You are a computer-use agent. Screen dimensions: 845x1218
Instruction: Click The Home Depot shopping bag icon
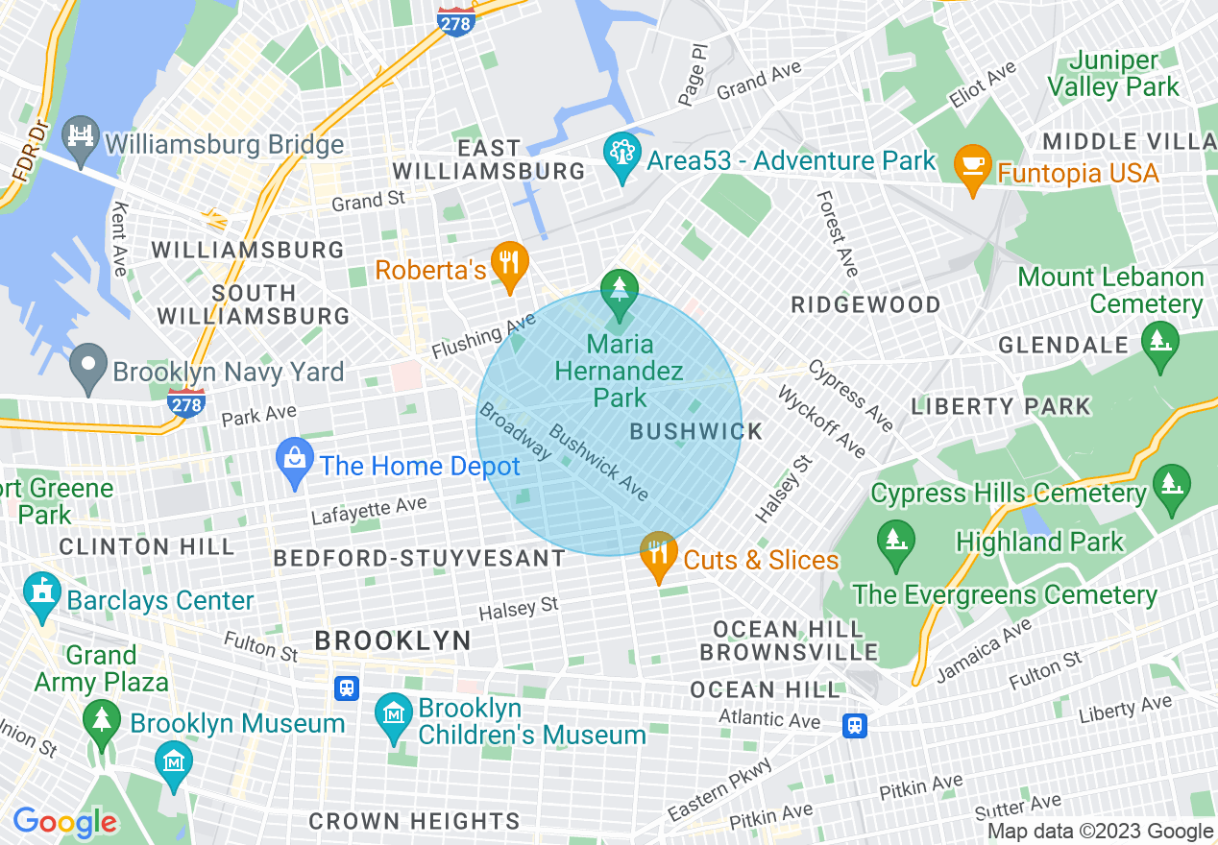point(295,462)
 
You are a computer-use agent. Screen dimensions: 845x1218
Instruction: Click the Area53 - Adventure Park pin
point(622,155)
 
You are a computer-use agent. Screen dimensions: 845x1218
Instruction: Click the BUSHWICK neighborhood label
point(696,432)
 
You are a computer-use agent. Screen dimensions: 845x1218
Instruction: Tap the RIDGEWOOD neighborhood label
point(865,305)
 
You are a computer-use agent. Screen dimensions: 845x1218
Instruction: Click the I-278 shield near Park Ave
point(185,402)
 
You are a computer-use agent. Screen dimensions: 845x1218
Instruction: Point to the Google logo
point(64,822)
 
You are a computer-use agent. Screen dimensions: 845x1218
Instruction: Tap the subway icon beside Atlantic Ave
point(854,725)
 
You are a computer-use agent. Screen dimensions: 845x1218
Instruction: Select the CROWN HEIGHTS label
point(414,822)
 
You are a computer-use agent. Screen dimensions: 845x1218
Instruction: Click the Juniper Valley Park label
point(1112,74)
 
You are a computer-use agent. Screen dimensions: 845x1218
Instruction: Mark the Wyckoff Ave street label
point(821,422)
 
